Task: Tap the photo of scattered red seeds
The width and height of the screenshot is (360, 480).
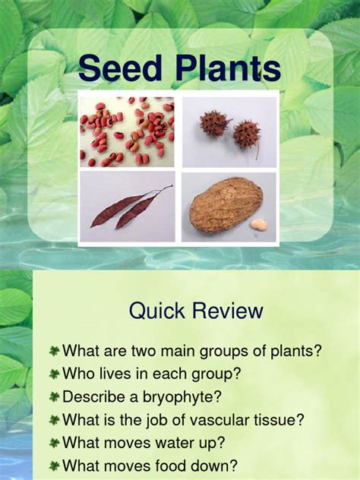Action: click(x=127, y=131)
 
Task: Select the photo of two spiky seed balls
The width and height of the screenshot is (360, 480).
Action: click(x=229, y=131)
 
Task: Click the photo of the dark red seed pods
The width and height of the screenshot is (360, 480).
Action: click(x=127, y=207)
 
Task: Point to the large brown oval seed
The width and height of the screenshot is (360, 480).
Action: click(x=226, y=204)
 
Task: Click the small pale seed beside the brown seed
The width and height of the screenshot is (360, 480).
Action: click(x=259, y=225)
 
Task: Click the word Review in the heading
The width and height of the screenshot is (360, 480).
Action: click(x=226, y=311)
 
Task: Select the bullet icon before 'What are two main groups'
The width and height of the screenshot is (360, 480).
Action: click(x=55, y=351)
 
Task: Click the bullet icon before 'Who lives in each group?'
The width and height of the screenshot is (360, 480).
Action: click(x=55, y=374)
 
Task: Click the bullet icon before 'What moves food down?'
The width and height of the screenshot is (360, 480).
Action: click(x=55, y=466)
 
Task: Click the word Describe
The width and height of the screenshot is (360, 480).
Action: click(x=95, y=396)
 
